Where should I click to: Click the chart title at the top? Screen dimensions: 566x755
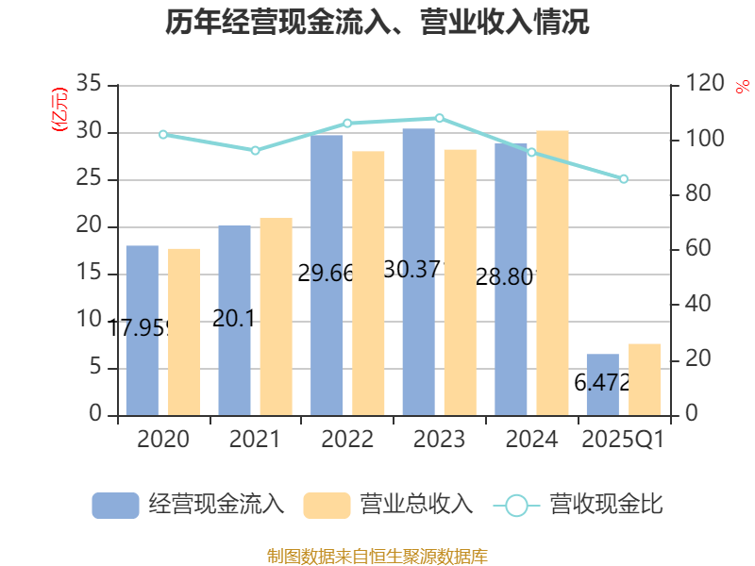[x=377, y=23]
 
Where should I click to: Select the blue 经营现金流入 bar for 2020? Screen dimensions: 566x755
[x=142, y=330]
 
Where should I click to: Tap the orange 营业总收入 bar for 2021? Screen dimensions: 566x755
[x=277, y=316]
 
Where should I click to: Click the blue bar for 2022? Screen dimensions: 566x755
[x=327, y=274]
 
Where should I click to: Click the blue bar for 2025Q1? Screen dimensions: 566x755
[x=602, y=385]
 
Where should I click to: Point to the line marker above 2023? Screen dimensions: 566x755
[x=439, y=118]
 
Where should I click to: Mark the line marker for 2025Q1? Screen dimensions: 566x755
[x=624, y=179]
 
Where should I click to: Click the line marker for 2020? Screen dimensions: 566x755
[x=162, y=135]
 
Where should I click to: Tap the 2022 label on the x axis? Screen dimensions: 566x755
[x=347, y=440]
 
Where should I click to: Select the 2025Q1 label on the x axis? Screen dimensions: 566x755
[x=624, y=440]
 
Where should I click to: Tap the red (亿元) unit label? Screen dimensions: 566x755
[x=59, y=108]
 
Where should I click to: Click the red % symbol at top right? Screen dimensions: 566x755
[x=743, y=86]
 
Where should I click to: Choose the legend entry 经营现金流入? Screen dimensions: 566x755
[x=189, y=505]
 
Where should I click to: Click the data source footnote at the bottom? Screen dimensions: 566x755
[x=377, y=556]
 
